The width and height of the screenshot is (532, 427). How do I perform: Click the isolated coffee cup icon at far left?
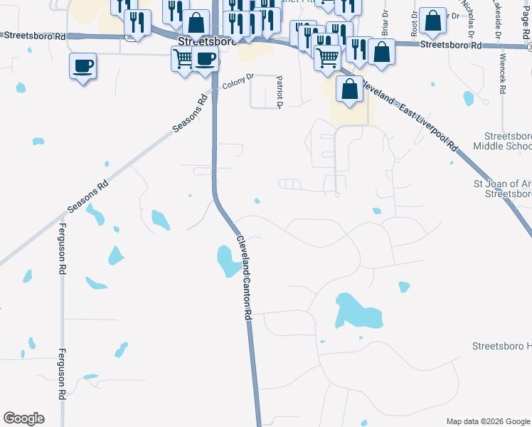click(83, 66)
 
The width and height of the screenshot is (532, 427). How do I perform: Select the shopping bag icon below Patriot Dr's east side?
click(349, 90)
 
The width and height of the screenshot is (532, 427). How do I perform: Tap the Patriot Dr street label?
click(280, 93)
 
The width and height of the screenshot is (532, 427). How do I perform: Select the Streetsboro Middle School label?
click(507, 141)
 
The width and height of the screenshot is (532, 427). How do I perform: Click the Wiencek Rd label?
click(502, 74)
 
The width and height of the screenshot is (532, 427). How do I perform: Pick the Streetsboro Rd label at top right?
click(450, 45)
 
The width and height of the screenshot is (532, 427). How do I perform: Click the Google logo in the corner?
click(23, 418)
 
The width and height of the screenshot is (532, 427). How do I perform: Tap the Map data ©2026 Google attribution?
click(487, 421)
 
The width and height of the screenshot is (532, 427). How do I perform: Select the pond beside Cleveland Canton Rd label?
click(228, 260)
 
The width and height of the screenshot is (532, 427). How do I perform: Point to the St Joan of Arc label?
click(502, 188)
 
